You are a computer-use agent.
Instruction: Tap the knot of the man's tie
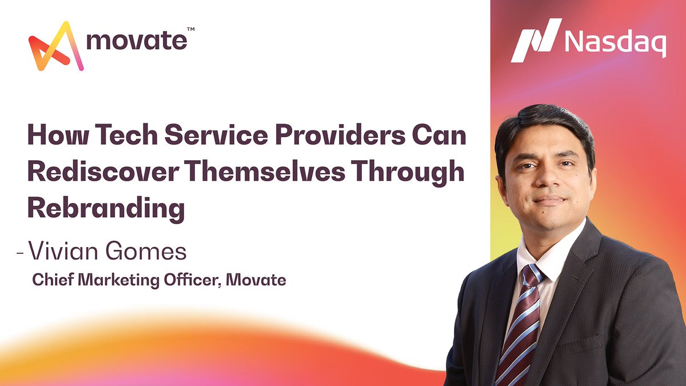[531, 276]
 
